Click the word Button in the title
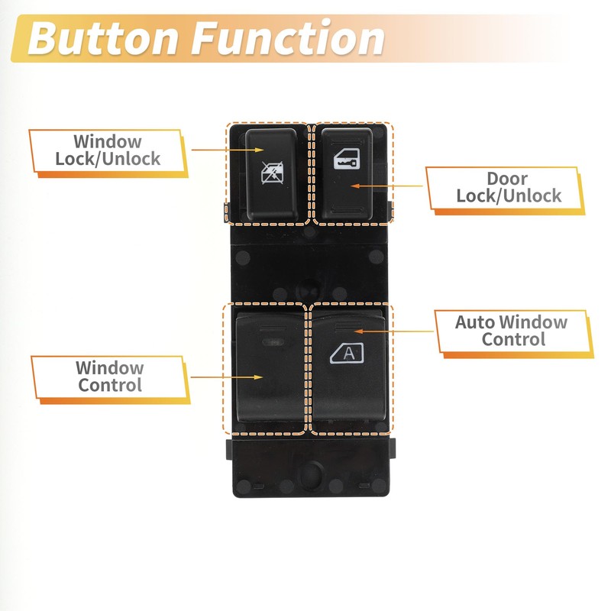tap(103, 37)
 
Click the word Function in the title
tap(288, 37)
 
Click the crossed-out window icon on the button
tap(272, 173)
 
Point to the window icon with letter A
tap(347, 353)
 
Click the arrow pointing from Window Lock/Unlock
tap(228, 150)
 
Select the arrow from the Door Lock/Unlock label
tap(386, 186)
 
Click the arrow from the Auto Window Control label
tap(394, 331)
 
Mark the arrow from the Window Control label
tap(227, 377)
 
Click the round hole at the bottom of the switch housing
tap(310, 474)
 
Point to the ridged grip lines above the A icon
tap(349, 327)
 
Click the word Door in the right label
tap(507, 179)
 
